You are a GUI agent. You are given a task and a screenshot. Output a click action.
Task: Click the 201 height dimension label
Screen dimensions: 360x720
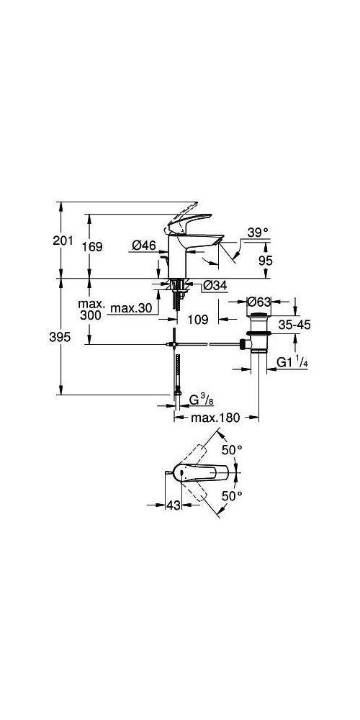(x=63, y=240)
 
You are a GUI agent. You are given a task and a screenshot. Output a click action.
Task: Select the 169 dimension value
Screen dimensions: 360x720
(x=93, y=246)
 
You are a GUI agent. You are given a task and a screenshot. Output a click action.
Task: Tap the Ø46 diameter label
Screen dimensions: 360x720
(x=144, y=246)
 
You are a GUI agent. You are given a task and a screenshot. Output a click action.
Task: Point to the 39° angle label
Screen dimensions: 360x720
(x=258, y=233)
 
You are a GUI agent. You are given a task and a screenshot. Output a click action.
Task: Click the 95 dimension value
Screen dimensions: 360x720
(x=265, y=261)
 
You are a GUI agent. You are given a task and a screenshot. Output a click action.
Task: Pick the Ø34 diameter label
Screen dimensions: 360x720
(x=215, y=286)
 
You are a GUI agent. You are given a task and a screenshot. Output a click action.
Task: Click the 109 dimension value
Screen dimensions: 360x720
(x=199, y=319)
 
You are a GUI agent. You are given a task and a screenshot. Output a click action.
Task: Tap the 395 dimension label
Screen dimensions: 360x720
(x=60, y=337)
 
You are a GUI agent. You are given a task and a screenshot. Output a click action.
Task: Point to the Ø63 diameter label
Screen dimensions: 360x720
(x=259, y=302)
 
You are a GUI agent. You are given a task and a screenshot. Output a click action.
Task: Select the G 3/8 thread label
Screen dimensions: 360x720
(x=202, y=400)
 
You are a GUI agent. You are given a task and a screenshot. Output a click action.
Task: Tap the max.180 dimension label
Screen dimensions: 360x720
(x=215, y=418)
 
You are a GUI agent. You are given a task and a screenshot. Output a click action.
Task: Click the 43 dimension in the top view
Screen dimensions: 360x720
(x=173, y=505)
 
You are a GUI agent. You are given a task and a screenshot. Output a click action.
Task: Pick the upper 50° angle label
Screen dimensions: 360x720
(x=232, y=450)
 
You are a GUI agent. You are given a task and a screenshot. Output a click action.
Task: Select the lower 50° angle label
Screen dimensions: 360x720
(x=232, y=495)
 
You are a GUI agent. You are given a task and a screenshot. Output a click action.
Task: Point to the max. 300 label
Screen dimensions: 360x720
(x=92, y=310)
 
